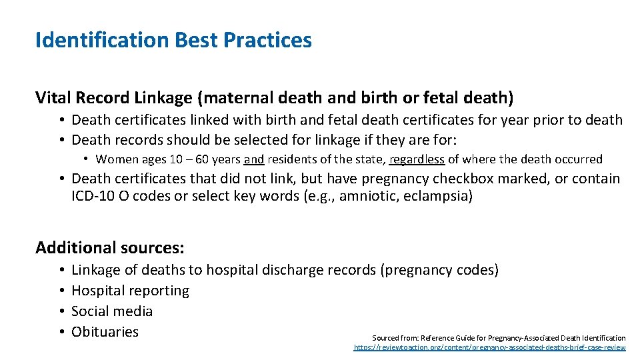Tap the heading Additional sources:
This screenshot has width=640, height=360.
(110, 248)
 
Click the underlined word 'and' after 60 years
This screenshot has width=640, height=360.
(254, 159)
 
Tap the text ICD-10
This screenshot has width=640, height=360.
(93, 197)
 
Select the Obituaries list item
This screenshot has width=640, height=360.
(105, 332)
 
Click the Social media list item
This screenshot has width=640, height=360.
(112, 311)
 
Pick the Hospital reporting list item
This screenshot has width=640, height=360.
(130, 291)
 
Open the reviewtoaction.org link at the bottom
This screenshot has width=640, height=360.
(489, 347)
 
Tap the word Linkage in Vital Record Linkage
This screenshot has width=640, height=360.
(161, 99)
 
